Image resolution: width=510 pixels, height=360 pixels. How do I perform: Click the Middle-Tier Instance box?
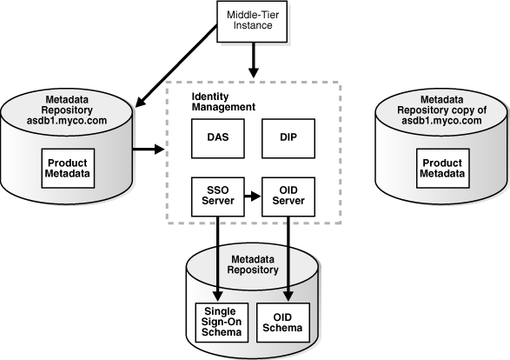253,21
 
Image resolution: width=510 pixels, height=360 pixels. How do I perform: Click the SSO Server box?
215,196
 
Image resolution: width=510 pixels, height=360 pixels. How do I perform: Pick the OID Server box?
288,196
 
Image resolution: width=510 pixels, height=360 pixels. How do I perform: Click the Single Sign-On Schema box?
220,322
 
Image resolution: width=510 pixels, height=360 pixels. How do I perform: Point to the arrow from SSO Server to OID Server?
250,196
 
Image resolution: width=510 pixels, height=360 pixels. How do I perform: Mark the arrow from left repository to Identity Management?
148,150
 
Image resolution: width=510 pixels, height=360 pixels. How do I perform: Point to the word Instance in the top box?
253,27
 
